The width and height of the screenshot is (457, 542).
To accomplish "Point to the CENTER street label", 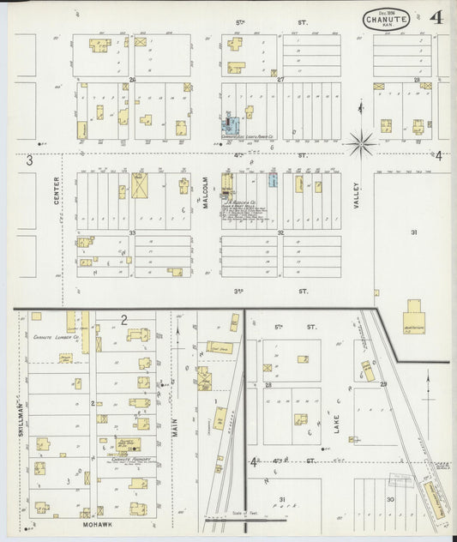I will click(57, 190).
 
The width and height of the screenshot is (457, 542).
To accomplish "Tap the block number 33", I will click(133, 232).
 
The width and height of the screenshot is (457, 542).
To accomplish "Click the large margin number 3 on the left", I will click(28, 160).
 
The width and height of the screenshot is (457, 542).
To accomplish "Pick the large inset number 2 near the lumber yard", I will click(123, 320).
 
